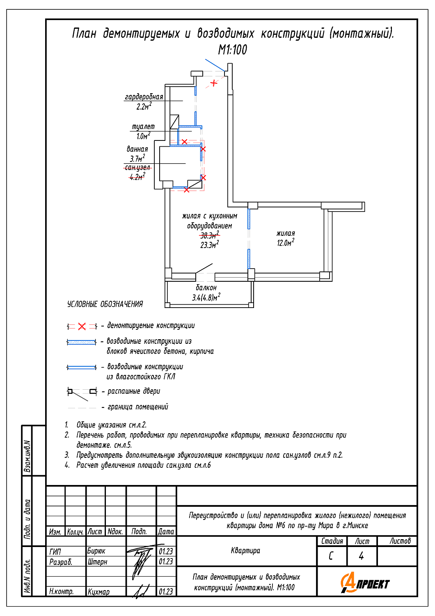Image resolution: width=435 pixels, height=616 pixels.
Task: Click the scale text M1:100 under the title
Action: click(233, 50)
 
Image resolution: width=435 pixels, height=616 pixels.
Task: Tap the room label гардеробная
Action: click(144, 97)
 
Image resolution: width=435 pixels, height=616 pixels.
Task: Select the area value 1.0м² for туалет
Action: click(143, 136)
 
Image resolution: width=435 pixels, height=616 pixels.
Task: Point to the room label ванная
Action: click(137, 149)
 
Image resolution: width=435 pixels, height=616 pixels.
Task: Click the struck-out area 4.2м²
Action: click(137, 177)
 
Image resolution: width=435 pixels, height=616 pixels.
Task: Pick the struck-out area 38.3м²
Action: click(209, 235)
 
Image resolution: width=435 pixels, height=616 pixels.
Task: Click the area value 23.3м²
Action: click(209, 245)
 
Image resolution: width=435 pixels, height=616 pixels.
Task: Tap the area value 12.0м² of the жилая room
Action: click(286, 243)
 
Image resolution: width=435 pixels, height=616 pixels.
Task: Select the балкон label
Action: click(206, 287)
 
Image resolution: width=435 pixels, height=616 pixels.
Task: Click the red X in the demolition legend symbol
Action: click(82, 326)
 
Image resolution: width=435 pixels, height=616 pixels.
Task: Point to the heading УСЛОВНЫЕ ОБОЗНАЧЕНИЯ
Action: click(105, 304)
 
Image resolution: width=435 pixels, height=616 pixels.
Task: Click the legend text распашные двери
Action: click(134, 391)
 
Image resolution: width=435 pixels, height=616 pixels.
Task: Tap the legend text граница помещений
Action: click(138, 407)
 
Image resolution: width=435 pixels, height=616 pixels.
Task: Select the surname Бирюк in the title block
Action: click(96, 551)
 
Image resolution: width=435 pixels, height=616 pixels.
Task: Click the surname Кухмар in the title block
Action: click(98, 592)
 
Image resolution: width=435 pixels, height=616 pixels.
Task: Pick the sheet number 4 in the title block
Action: click(361, 556)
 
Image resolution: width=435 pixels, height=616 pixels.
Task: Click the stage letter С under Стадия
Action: click(331, 556)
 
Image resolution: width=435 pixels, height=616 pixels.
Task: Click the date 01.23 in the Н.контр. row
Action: click(166, 592)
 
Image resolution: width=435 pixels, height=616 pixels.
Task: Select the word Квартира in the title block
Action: click(245, 551)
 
